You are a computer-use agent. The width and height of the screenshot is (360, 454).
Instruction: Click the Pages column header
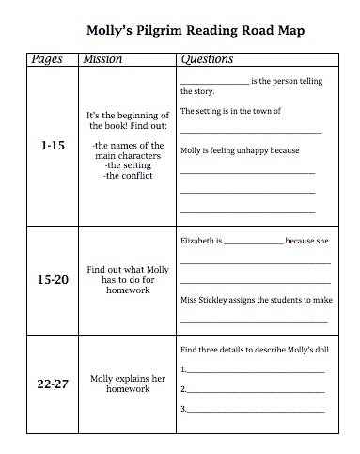click(48, 59)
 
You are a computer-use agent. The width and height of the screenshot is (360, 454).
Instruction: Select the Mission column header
click(102, 59)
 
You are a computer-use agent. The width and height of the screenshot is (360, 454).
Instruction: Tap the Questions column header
click(208, 59)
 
